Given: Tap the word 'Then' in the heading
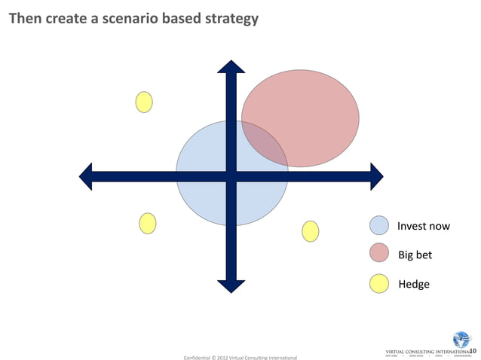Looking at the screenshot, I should pyautogui.click(x=26, y=17).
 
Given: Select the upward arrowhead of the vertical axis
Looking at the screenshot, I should pyautogui.click(x=231, y=67).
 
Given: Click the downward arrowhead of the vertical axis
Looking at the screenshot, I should pyautogui.click(x=231, y=285).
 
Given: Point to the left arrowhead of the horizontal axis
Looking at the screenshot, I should pyautogui.click(x=87, y=177).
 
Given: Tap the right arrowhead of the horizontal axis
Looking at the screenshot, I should pyautogui.click(x=375, y=177).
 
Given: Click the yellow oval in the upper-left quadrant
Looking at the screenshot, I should pyautogui.click(x=144, y=102).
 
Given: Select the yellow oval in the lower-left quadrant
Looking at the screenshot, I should pyautogui.click(x=148, y=223).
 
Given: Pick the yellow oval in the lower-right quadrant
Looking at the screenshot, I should pyautogui.click(x=311, y=231).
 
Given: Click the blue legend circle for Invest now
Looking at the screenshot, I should pyautogui.click(x=379, y=226).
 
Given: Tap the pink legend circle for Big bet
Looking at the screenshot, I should pyautogui.click(x=379, y=255).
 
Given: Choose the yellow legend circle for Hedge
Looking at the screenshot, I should pyautogui.click(x=379, y=284).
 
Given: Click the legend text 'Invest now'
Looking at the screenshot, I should pyautogui.click(x=424, y=226).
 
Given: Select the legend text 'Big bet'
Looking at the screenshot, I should pyautogui.click(x=415, y=255).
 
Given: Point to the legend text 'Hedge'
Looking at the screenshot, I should pyautogui.click(x=413, y=284).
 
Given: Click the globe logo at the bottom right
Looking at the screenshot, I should pyautogui.click(x=460, y=340).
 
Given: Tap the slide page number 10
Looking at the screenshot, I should pyautogui.click(x=473, y=350).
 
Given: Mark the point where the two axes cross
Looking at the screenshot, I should pyautogui.click(x=231, y=177).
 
